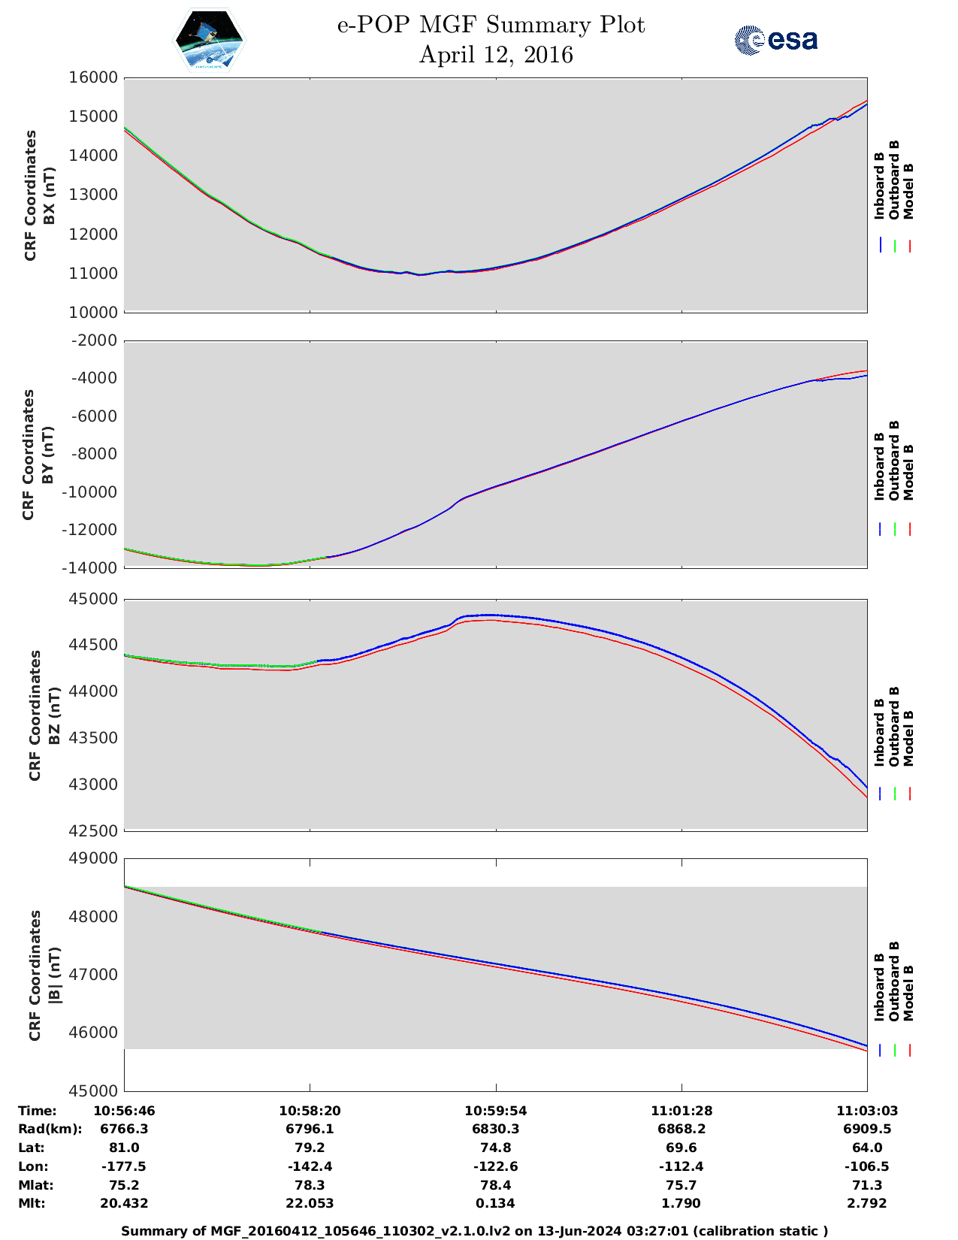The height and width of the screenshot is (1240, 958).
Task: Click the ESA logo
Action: [x=775, y=40]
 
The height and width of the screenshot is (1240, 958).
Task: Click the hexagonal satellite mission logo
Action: [x=209, y=41]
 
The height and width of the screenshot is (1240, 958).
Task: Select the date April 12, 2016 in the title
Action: [x=495, y=55]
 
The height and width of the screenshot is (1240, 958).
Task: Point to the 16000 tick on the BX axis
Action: [x=94, y=77]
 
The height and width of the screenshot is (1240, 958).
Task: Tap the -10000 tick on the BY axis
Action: [x=94, y=492]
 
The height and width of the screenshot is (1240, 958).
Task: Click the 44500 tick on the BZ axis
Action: [x=94, y=646]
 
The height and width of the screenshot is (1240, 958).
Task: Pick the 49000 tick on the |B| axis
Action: [x=94, y=859]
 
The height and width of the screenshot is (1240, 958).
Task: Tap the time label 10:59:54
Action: [x=495, y=1111]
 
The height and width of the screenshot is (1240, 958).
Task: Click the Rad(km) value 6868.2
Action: [x=681, y=1129]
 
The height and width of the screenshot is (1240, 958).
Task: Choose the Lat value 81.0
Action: [x=124, y=1148]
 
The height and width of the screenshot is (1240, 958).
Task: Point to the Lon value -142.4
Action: [x=310, y=1166]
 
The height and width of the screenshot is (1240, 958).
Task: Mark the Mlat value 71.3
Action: [x=867, y=1185]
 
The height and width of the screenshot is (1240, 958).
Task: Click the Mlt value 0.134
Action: [x=495, y=1203]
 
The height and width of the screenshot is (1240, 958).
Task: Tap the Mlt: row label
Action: [x=32, y=1203]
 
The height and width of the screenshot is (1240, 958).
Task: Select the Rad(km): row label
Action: [x=50, y=1129]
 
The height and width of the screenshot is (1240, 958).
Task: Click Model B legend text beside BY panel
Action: [x=908, y=472]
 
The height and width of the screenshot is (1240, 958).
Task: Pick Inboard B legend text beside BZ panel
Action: [x=879, y=732]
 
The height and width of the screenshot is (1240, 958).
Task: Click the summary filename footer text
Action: [x=474, y=1231]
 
